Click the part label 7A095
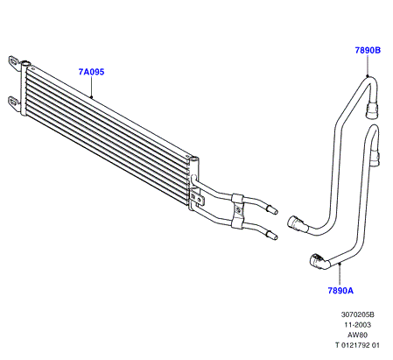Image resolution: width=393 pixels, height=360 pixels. coord(91,72)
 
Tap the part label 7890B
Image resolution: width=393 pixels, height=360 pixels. coord(368,50)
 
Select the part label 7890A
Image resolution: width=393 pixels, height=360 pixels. coord(340,291)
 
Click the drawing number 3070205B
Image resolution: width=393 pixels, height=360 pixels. coord(357,314)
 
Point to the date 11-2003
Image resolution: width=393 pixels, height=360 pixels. coord(357,325)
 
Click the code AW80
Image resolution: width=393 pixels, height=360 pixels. coord(357,335)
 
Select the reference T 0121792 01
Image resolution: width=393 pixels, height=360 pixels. coord(357,345)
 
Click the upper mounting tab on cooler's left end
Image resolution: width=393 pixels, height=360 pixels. coord(14,63)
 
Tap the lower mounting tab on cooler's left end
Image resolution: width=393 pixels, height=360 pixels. coord(14,103)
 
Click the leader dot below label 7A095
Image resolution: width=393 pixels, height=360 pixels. coord(91,97)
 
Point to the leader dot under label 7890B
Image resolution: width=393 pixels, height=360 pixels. coord(368,76)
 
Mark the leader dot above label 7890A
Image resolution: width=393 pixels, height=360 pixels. coord(340,264)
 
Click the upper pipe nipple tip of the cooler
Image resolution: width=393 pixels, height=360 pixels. coord(276,212)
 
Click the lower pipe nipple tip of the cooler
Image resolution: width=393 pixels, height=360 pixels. coord(275,237)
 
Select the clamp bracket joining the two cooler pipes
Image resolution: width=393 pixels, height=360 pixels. coord(237,210)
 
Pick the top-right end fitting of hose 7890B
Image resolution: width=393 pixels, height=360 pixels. coord(372,109)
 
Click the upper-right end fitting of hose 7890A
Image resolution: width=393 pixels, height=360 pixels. coord(375,159)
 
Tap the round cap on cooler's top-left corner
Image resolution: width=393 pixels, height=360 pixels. coord(25,62)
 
